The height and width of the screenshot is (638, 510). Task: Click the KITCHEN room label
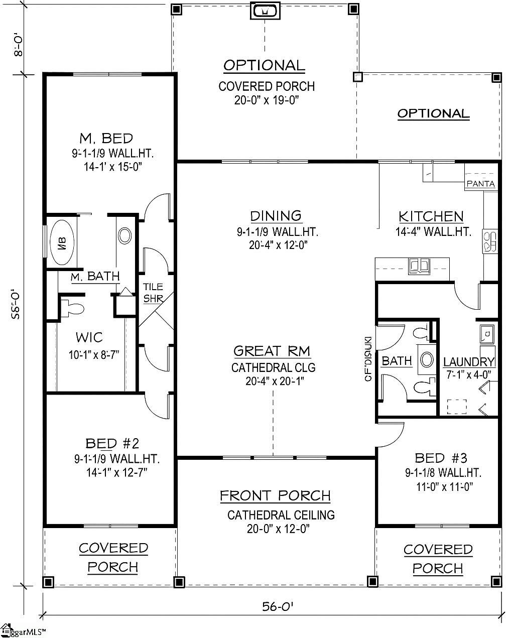coord(431,216)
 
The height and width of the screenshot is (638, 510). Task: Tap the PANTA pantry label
coord(481,184)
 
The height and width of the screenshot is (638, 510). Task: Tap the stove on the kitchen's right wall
coord(490,240)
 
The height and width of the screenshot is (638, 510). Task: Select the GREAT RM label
coord(272,351)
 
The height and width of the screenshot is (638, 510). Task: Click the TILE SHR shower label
coord(153,293)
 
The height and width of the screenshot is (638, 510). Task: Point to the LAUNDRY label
coord(469,362)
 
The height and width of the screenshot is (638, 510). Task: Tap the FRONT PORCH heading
coord(275,496)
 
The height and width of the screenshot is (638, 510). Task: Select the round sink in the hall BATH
coord(428,359)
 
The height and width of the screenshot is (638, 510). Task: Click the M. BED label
coord(106,138)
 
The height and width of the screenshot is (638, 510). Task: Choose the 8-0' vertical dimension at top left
coord(18,45)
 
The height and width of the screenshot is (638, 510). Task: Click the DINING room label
coord(276,216)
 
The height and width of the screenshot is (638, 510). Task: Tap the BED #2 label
coord(111,443)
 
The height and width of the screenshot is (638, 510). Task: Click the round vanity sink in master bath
coord(124,234)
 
